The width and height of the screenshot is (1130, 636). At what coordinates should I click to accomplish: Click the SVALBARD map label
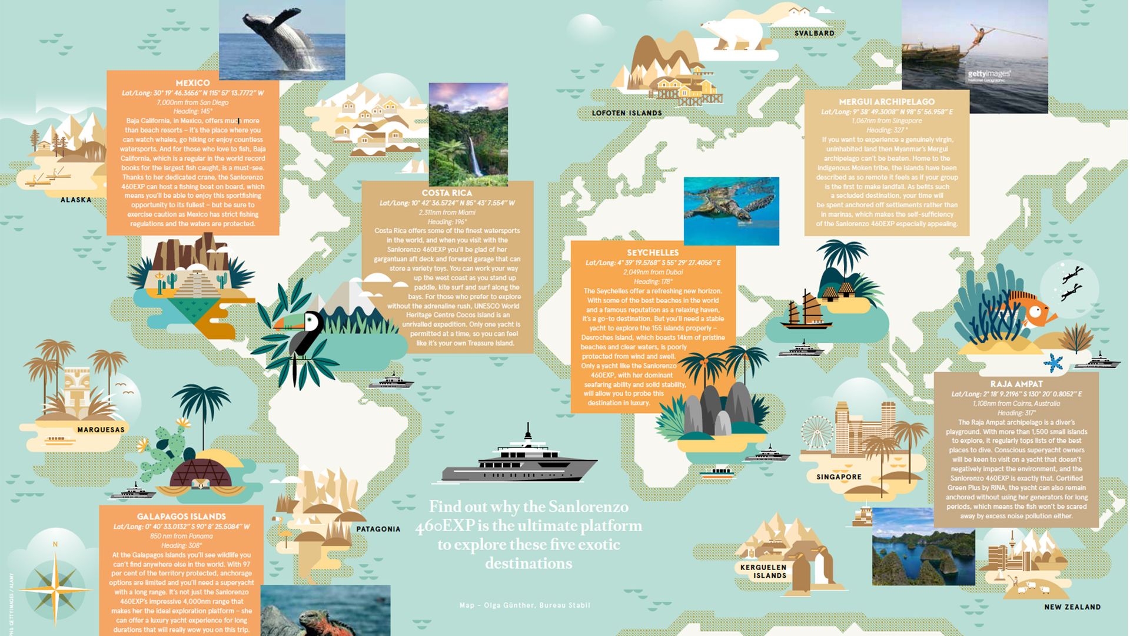(x=814, y=34)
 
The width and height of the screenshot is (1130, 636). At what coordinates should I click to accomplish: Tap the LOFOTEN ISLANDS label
(x=627, y=113)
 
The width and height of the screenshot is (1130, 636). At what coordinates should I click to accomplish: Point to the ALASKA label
(x=76, y=200)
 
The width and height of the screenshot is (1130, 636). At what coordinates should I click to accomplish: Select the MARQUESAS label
(x=101, y=430)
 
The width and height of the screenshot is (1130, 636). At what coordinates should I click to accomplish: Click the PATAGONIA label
(x=378, y=529)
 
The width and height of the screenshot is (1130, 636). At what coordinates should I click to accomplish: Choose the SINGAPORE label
(x=839, y=477)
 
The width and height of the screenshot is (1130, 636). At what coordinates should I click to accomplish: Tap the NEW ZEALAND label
(x=1072, y=607)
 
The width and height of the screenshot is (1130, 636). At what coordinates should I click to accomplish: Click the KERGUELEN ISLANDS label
(x=763, y=571)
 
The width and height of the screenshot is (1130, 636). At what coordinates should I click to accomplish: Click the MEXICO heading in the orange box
(x=192, y=83)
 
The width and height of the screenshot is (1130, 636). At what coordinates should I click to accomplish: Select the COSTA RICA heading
(x=447, y=193)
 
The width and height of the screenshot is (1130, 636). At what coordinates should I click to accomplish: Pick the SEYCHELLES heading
(x=653, y=253)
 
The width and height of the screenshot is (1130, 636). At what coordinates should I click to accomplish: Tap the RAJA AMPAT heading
(x=1016, y=384)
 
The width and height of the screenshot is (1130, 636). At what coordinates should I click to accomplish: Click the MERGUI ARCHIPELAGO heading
(x=886, y=101)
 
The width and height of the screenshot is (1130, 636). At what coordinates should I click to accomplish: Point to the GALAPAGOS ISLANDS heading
(x=181, y=516)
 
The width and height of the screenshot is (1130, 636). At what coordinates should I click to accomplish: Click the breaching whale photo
(x=282, y=40)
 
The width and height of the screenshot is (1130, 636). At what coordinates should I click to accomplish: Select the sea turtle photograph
(x=731, y=210)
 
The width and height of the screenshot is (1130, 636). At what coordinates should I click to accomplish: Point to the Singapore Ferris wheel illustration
(x=816, y=433)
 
